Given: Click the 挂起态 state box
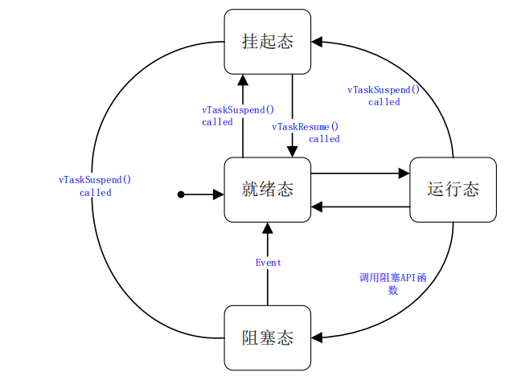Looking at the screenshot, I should tap(267, 42).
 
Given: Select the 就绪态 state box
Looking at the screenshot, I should tap(267, 190).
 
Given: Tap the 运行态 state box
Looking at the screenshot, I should tap(453, 190).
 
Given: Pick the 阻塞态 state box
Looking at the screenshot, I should tap(267, 337).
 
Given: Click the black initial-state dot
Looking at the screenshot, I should tap(181, 194).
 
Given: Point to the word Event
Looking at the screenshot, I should tap(269, 263).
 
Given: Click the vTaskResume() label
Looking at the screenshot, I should tap(305, 127).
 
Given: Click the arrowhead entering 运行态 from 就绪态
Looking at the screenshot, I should tap(404, 173).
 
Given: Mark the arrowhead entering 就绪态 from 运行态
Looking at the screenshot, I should tap(317, 206).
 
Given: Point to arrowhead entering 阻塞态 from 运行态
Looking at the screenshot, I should tap(317, 337).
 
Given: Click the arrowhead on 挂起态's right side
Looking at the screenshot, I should tap(317, 42).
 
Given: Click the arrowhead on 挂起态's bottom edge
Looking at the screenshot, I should tap(243, 80).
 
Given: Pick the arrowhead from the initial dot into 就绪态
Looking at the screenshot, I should tap(218, 194).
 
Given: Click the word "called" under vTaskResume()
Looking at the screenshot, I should tap(324, 139).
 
